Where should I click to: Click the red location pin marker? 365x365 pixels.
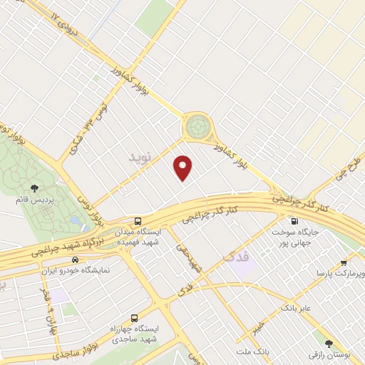click(184, 167)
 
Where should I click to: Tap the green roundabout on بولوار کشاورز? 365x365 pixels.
click(199, 128)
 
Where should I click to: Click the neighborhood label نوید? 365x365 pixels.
click(140, 155)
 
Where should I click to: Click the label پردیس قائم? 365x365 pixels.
click(34, 200)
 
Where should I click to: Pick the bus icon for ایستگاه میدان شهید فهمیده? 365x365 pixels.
click(138, 221)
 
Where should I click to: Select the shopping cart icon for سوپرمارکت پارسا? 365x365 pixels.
click(344, 262)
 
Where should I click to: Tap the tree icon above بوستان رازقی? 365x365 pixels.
click(329, 343)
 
